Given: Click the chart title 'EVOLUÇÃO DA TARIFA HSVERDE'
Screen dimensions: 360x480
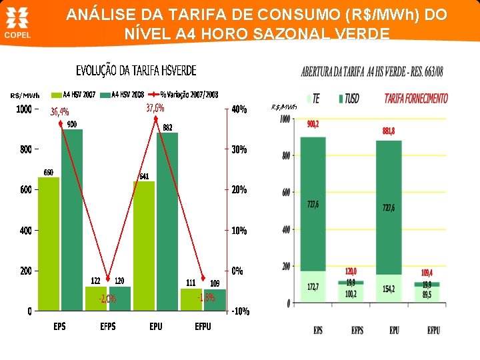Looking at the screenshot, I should pyautogui.click(x=136, y=71).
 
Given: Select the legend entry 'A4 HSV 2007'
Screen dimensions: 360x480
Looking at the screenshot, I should pyautogui.click(x=75, y=95).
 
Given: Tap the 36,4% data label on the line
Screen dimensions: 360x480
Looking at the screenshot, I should pyautogui.click(x=60, y=112).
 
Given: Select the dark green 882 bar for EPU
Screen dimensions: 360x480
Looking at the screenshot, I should pyautogui.click(x=167, y=223).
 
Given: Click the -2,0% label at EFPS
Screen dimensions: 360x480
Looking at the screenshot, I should pyautogui.click(x=107, y=299).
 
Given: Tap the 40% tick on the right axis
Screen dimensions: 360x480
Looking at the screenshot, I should pyautogui.click(x=239, y=109).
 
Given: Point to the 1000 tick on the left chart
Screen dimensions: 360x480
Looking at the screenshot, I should pyautogui.click(x=24, y=109).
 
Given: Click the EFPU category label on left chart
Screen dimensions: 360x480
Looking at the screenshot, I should pyautogui.click(x=203, y=327).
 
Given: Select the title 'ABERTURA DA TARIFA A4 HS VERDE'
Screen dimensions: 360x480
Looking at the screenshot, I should pyautogui.click(x=372, y=71).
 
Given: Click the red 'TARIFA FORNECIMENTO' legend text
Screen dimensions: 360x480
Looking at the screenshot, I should pyautogui.click(x=416, y=99).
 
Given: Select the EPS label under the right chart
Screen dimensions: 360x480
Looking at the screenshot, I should pyautogui.click(x=318, y=331).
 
